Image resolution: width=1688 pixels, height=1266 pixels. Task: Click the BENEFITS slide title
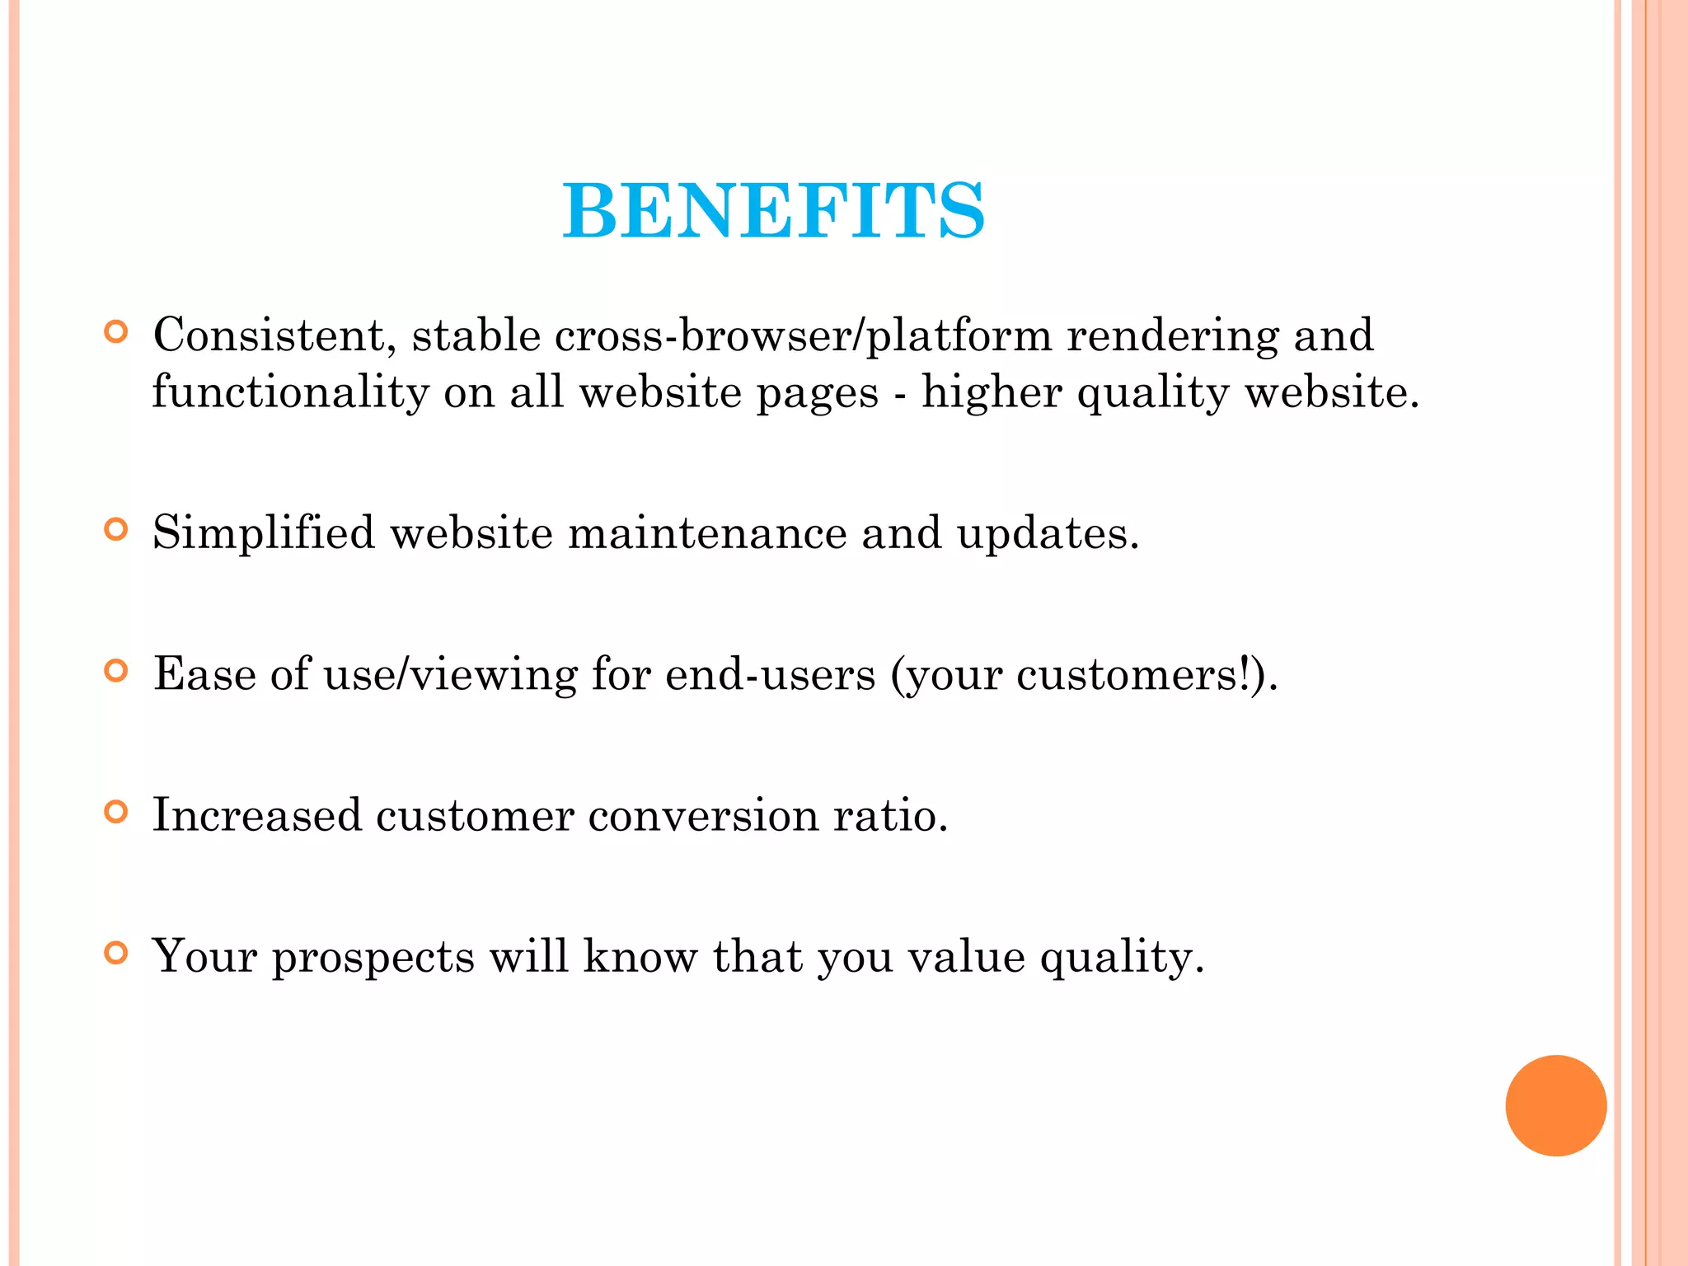[773, 211]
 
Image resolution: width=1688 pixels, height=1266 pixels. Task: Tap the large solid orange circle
[1555, 1105]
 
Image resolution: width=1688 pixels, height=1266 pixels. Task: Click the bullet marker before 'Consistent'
[117, 332]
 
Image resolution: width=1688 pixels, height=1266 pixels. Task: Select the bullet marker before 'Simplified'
[117, 529]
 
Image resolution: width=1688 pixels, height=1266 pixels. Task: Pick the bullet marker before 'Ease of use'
[117, 671]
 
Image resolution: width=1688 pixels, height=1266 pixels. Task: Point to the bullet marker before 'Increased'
[117, 813]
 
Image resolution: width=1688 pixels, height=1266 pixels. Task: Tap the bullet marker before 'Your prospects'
[117, 954]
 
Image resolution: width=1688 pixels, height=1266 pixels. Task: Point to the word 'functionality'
[290, 392]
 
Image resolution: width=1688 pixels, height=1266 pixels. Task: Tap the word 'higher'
[992, 392]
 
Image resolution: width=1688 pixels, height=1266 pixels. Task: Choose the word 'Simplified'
[264, 533]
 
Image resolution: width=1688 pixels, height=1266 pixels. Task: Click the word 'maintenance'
[707, 533]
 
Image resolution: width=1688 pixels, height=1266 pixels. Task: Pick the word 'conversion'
[703, 815]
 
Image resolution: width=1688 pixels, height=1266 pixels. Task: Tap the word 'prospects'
[373, 958]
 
